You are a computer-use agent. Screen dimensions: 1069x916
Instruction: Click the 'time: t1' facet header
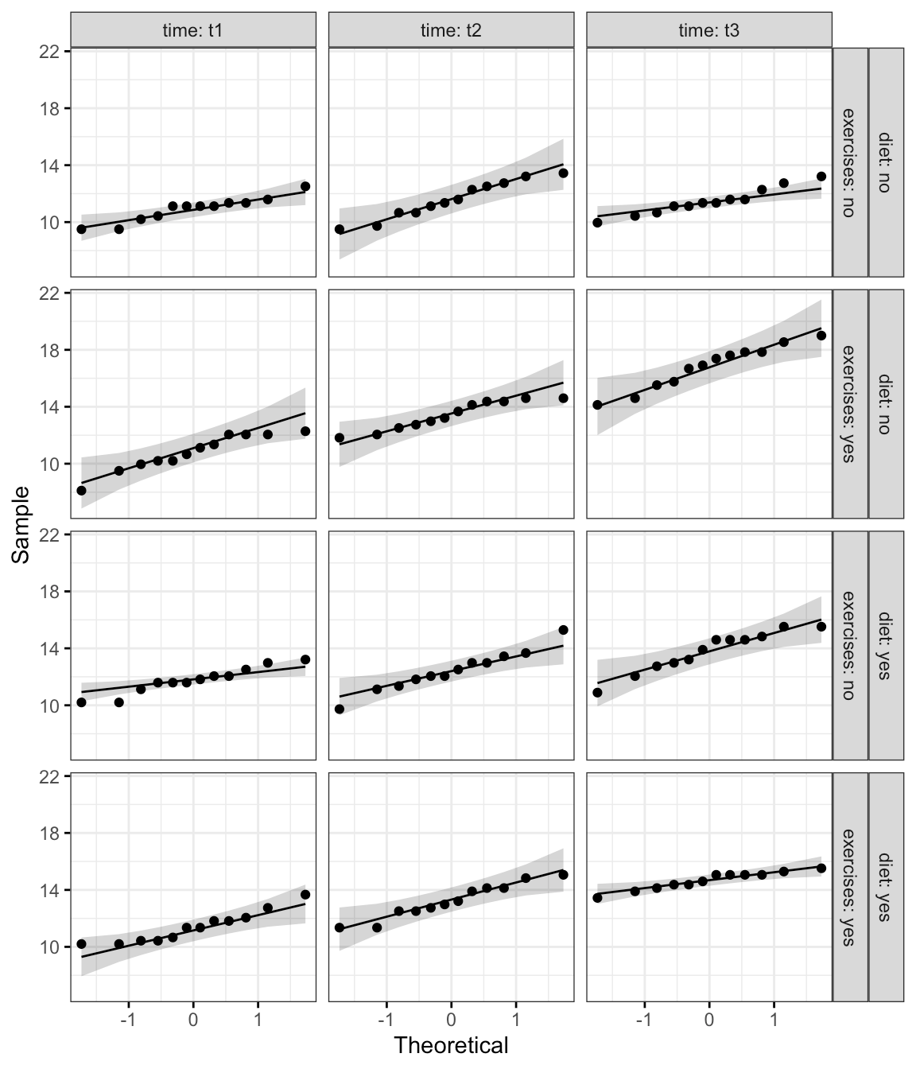pyautogui.click(x=193, y=31)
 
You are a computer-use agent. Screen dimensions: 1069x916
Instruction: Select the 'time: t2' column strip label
pyautogui.click(x=451, y=31)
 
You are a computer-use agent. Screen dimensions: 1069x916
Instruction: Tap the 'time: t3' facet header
pyautogui.click(x=708, y=31)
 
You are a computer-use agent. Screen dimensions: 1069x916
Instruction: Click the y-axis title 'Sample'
pyautogui.click(x=21, y=524)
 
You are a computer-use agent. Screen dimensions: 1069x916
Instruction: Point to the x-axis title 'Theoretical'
pyautogui.click(x=451, y=1044)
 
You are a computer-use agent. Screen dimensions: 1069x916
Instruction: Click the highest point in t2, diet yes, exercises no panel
pyautogui.click(x=563, y=630)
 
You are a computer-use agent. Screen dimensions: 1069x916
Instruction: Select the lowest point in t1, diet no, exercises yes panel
pyautogui.click(x=81, y=491)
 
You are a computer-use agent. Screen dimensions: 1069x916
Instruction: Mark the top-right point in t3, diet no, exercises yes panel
pyautogui.click(x=821, y=336)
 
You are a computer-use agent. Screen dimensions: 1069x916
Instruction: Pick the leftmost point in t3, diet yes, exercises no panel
pyautogui.click(x=597, y=693)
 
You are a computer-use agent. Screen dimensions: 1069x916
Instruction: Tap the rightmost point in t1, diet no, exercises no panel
pyautogui.click(x=305, y=186)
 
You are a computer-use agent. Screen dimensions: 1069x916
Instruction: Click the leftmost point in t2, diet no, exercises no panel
pyautogui.click(x=340, y=229)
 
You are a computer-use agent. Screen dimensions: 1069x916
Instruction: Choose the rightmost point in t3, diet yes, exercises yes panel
pyautogui.click(x=821, y=868)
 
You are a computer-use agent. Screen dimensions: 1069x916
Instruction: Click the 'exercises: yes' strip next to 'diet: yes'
pyautogui.click(x=849, y=887)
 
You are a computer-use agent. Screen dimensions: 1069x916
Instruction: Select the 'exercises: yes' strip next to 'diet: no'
pyautogui.click(x=849, y=403)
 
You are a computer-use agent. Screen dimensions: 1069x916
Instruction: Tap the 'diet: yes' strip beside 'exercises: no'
pyautogui.click(x=886, y=645)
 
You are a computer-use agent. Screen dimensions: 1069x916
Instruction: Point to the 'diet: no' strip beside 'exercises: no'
pyautogui.click(x=886, y=161)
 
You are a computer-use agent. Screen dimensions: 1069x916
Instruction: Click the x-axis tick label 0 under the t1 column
pyautogui.click(x=193, y=1020)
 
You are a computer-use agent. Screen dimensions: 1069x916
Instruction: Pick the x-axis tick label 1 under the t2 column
pyautogui.click(x=516, y=1020)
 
